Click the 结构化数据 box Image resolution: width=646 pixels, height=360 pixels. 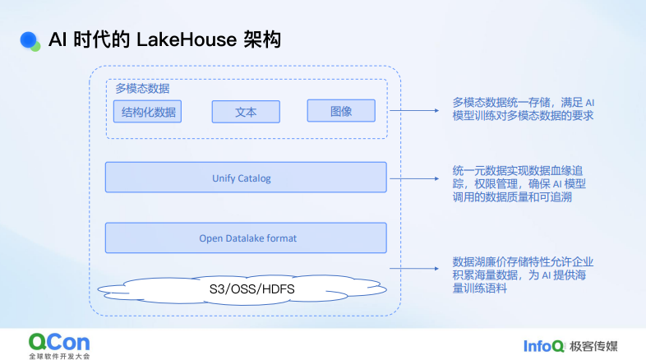148,112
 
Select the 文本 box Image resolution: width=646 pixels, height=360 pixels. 246,112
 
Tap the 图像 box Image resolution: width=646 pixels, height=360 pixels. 340,111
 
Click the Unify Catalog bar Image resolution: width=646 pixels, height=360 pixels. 246,178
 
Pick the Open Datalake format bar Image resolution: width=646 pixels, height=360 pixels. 246,238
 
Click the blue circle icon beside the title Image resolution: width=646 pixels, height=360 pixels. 30,39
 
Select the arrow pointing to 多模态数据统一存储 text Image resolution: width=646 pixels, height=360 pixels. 416,110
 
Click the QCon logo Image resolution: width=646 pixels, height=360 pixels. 58,340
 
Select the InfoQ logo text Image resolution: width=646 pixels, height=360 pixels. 542,344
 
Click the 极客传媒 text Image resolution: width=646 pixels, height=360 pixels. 593,344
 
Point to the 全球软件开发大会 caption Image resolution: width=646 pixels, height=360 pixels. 58,356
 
